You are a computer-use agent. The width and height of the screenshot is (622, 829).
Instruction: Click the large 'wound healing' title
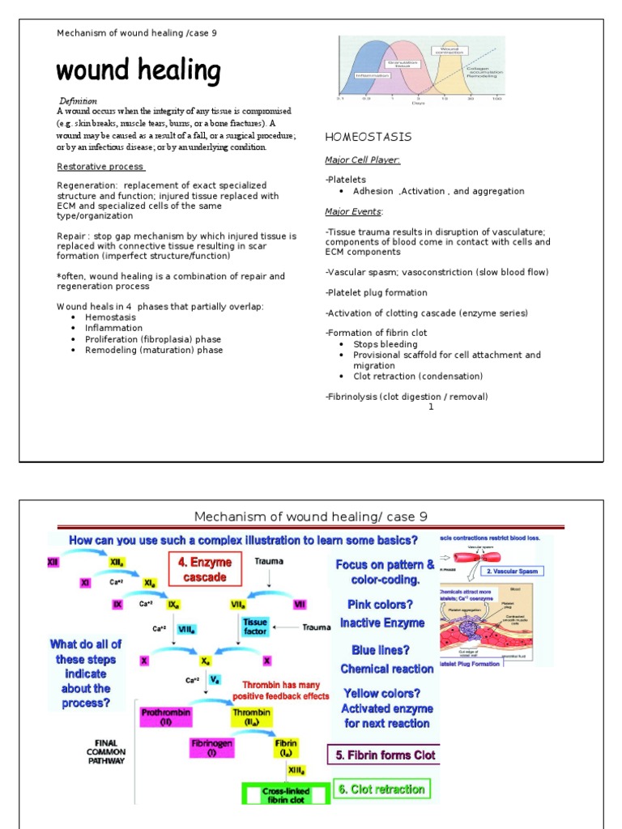coord(138,71)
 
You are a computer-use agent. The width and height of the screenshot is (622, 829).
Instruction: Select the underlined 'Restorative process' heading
coord(100,167)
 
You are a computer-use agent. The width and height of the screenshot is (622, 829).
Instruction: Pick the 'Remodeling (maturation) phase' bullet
coord(154,351)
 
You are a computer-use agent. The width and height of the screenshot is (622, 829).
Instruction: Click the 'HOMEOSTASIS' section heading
coord(368,137)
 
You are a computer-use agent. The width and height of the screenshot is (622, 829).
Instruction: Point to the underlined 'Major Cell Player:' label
coord(362,160)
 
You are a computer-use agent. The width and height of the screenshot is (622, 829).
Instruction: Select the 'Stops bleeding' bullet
coord(386,344)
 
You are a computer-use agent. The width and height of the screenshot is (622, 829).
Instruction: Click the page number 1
coord(431,406)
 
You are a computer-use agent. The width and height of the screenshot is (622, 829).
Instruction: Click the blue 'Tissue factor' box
coord(255,627)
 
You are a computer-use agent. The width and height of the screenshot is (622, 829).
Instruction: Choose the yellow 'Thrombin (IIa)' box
coord(252,717)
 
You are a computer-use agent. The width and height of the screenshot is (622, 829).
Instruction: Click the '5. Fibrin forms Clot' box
coord(385,755)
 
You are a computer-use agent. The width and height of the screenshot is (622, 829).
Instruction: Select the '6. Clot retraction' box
coord(380,789)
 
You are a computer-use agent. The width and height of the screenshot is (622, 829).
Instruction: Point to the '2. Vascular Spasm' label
coord(513,571)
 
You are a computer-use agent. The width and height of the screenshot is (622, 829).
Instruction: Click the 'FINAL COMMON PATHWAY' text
coord(106,750)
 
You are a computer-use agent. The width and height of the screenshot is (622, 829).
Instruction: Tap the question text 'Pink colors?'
coord(380,604)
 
